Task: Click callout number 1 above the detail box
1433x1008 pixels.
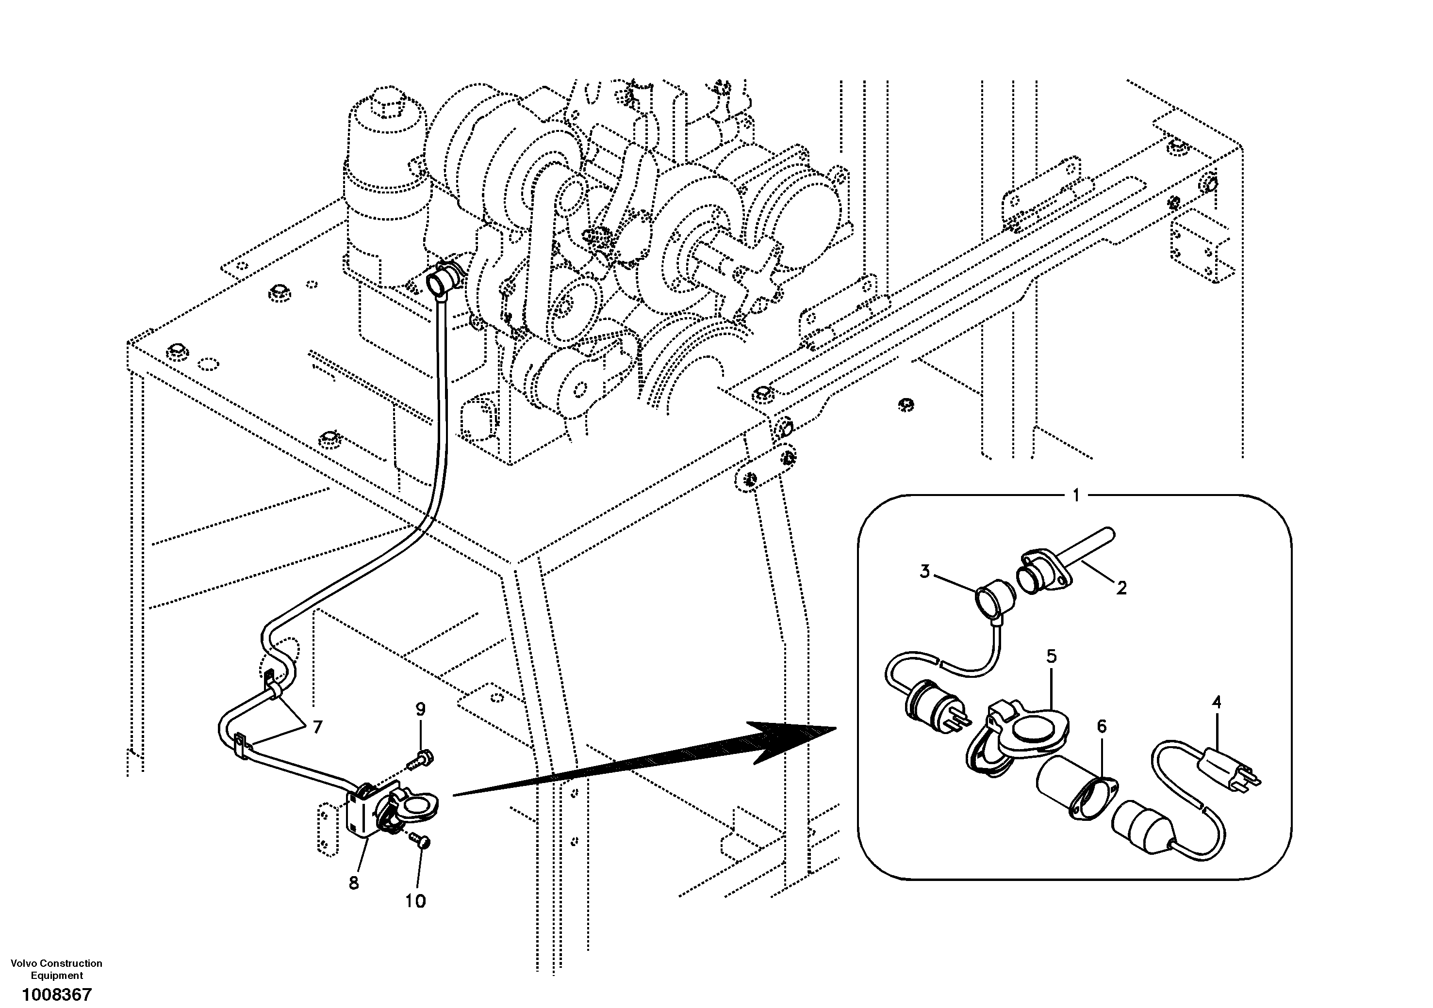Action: point(1075,496)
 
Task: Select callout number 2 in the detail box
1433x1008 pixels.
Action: point(1121,588)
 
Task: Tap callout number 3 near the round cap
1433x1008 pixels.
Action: point(925,571)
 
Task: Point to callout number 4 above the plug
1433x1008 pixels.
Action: point(1216,703)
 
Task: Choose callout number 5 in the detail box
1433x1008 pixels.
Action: point(1052,656)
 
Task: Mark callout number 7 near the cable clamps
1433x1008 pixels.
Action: point(317,727)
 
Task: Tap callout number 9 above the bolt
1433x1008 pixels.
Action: point(421,709)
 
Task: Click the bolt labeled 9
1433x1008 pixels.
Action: point(422,759)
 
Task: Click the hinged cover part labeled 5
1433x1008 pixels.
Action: point(1017,736)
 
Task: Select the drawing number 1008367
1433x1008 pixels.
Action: point(57,993)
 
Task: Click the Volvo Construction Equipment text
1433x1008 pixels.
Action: point(57,969)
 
